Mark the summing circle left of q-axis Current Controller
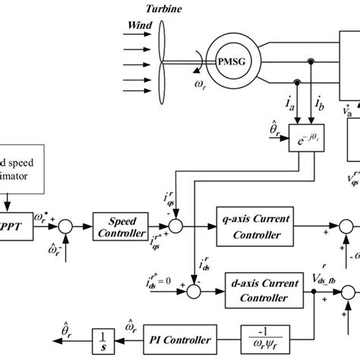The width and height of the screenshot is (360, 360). (x=175, y=225)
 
